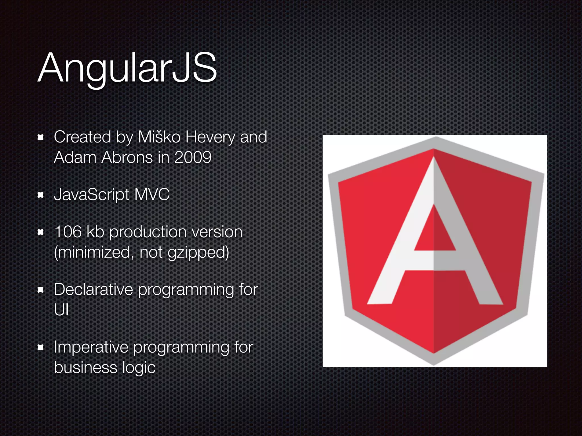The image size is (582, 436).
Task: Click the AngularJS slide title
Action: (x=127, y=68)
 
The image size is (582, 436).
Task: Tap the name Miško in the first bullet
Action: (x=159, y=137)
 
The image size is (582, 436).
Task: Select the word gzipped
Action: (x=198, y=252)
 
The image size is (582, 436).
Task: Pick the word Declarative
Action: (x=93, y=290)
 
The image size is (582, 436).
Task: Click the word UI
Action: (x=61, y=310)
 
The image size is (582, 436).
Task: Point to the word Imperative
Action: (x=91, y=347)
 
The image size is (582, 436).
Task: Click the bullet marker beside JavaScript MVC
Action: (x=41, y=195)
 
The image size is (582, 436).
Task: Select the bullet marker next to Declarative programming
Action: (x=41, y=290)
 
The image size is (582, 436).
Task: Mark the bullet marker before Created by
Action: (x=41, y=138)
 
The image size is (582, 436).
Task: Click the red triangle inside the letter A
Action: (x=434, y=233)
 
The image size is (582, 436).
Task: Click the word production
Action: (x=148, y=232)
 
